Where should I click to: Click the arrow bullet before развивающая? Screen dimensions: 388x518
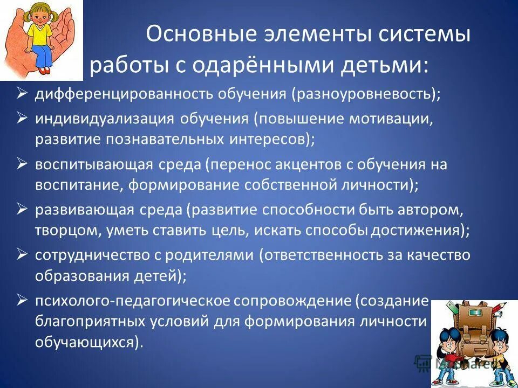pos(22,208)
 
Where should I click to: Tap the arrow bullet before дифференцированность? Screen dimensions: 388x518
pos(22,94)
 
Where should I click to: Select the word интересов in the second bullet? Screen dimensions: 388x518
pos(270,140)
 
